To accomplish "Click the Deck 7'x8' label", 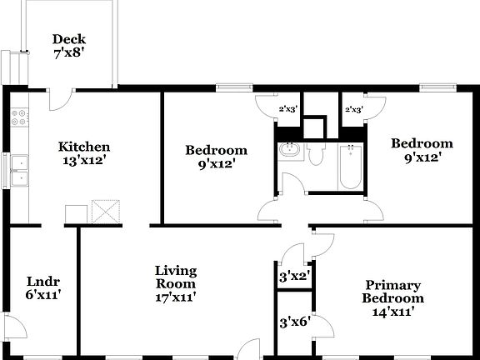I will coord(69,45).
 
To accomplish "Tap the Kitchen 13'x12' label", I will coord(83,153).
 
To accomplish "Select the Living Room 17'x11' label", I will coord(176,283).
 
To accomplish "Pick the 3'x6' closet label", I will coord(293,320).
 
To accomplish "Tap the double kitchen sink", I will coord(20,170).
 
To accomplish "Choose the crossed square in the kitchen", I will coord(106,212).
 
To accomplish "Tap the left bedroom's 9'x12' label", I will coord(216,157).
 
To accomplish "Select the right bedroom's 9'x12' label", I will coord(422,149).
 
